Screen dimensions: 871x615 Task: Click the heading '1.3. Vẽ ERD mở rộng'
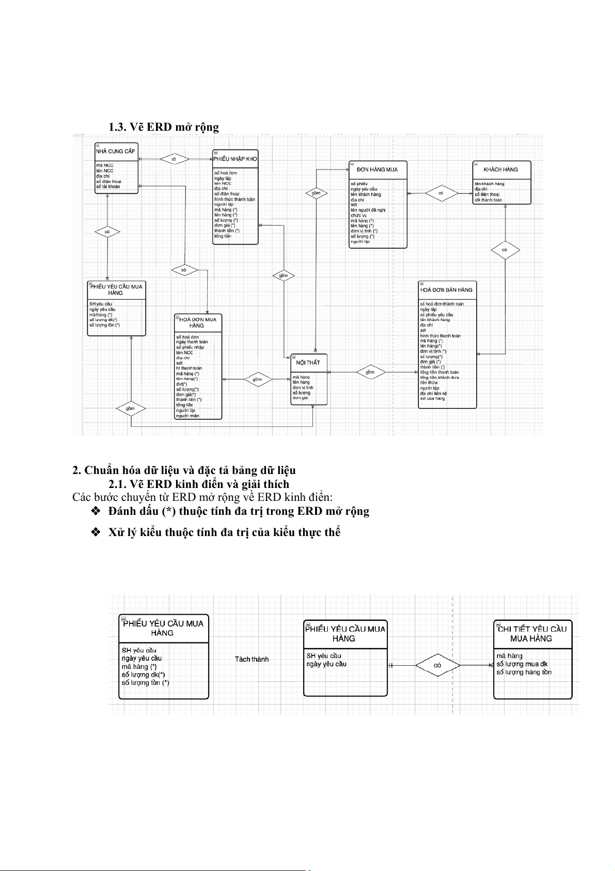(163, 127)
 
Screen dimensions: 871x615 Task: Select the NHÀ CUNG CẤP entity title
(116, 151)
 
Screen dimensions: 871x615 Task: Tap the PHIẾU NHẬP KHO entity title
(235, 159)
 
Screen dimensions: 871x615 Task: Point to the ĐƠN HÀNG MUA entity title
(377, 170)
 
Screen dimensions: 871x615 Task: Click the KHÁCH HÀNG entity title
(500, 170)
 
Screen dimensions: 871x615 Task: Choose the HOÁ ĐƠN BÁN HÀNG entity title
(446, 290)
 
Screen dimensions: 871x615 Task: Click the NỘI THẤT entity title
(308, 362)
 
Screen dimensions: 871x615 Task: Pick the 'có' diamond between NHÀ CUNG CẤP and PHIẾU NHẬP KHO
(174, 160)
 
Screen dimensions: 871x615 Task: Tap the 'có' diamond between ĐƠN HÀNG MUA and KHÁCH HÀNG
(441, 193)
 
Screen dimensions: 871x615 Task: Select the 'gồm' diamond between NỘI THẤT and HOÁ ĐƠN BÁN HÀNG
(370, 372)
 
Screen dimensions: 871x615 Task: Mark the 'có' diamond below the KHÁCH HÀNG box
(504, 250)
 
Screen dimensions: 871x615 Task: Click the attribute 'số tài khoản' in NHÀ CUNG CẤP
(108, 187)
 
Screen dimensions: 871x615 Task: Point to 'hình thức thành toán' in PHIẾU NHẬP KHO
(234, 199)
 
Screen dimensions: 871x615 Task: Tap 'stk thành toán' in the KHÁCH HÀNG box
(488, 200)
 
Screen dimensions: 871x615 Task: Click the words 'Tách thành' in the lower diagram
(251, 659)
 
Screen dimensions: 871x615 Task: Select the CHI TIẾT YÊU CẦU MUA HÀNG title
(532, 634)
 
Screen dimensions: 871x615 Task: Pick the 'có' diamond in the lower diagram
(437, 665)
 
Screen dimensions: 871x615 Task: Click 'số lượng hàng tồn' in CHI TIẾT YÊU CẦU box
(524, 672)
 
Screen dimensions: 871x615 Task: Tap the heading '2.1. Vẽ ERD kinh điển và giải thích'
(198, 484)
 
